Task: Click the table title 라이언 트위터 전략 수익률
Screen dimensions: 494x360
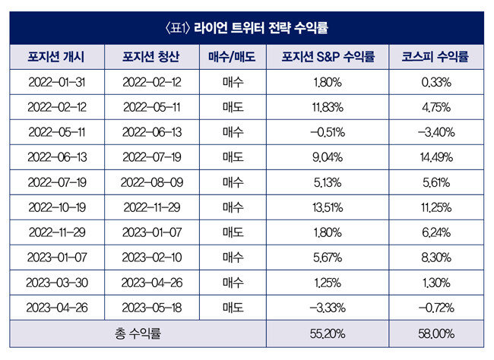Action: (261, 27)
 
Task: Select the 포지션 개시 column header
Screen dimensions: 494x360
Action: (56, 57)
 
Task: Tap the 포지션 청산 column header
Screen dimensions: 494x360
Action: (151, 57)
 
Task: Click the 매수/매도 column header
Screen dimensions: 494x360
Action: (233, 57)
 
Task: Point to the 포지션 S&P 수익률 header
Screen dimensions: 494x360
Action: (328, 57)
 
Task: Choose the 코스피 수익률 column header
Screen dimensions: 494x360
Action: (435, 57)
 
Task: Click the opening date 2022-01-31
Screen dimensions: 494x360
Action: (57, 82)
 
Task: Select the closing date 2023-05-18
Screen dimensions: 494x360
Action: (152, 308)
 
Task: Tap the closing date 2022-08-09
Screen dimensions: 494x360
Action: (152, 182)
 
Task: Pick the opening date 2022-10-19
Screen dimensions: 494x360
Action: (57, 207)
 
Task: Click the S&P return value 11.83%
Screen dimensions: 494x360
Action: (328, 107)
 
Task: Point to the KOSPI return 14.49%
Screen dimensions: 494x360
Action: (436, 157)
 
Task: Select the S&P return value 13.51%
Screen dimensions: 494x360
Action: (328, 207)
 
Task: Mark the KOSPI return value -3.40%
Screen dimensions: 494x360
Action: (436, 132)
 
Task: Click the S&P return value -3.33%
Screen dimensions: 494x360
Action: (328, 308)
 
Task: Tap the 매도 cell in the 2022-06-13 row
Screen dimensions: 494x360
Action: (233, 157)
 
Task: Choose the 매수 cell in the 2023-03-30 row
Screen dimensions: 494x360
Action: (233, 283)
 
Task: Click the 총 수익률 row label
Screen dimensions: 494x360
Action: (138, 333)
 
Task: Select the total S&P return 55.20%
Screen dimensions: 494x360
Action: (328, 334)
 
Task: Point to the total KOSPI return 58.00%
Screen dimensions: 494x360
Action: (436, 334)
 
